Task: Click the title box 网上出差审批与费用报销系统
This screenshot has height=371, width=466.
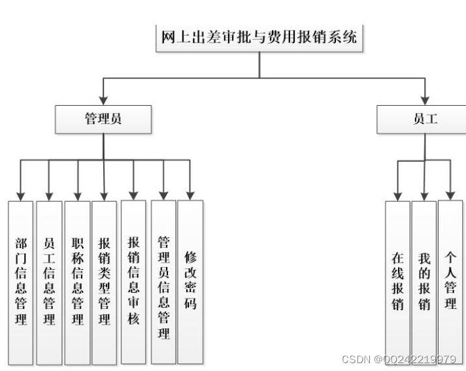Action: click(259, 37)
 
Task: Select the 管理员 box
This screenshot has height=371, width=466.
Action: click(103, 120)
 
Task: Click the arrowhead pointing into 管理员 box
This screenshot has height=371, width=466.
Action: click(103, 101)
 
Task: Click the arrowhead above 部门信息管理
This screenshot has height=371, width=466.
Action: click(20, 195)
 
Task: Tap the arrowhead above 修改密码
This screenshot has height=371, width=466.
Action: click(190, 195)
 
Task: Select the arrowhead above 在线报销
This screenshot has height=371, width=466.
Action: click(397, 195)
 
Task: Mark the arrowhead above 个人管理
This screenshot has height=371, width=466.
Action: click(450, 195)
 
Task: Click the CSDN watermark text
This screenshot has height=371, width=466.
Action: click(399, 359)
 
